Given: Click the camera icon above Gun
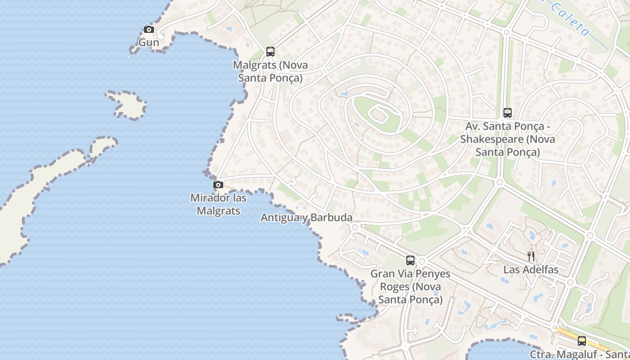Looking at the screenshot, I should pyautogui.click(x=148, y=30).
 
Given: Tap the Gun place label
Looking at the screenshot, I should pyautogui.click(x=148, y=42).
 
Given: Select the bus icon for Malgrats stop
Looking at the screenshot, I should pyautogui.click(x=270, y=52).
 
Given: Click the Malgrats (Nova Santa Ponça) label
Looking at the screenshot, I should pyautogui.click(x=270, y=71).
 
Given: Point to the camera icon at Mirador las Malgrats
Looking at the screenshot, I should pyautogui.click(x=218, y=184).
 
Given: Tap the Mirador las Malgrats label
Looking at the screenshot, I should pyautogui.click(x=218, y=204).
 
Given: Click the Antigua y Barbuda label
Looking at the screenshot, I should pyautogui.click(x=306, y=218).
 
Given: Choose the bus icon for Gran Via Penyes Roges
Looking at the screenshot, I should pyautogui.click(x=410, y=260).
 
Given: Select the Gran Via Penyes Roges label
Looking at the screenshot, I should pyautogui.click(x=410, y=287).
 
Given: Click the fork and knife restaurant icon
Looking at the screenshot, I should pyautogui.click(x=531, y=256).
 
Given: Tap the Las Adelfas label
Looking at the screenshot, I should pyautogui.click(x=531, y=270).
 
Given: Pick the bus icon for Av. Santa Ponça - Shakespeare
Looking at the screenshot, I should pyautogui.click(x=508, y=113).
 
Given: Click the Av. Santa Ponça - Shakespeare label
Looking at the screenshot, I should pyautogui.click(x=508, y=139).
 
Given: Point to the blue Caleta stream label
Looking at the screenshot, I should pyautogui.click(x=569, y=18).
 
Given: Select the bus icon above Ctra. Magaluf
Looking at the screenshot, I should pyautogui.click(x=582, y=341).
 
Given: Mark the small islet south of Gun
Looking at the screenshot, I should pyautogui.click(x=128, y=105).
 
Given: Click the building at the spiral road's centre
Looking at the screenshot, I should pyautogui.click(x=379, y=116).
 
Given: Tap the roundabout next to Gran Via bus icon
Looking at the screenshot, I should pyautogui.click(x=422, y=261).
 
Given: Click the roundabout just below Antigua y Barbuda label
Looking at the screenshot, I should pyautogui.click(x=355, y=228).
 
